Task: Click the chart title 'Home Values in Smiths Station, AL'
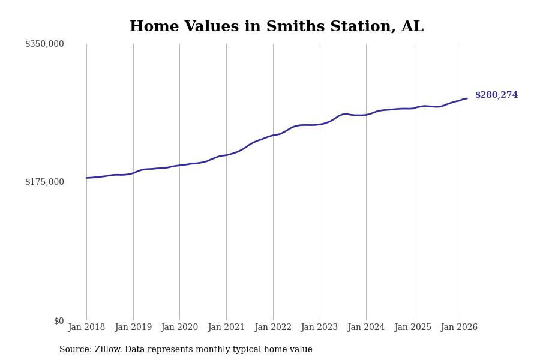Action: pos(277,27)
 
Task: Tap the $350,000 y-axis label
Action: pos(44,44)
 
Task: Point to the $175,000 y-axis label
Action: pos(44,182)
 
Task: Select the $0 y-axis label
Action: pos(59,321)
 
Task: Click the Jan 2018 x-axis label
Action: pos(86,328)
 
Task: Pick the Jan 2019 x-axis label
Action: pos(133,328)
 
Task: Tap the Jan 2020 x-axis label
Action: pos(179,328)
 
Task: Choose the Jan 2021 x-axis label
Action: pos(226,328)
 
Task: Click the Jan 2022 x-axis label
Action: pos(273,328)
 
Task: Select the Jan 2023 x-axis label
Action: pos(320,328)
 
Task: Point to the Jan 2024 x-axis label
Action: pos(366,328)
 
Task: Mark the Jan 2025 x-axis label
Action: pos(413,328)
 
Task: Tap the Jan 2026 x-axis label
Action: pos(459,328)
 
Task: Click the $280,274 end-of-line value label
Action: pos(496,95)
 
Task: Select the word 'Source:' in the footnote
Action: pos(76,350)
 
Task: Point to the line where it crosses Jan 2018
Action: pos(86,178)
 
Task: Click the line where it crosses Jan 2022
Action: pos(273,136)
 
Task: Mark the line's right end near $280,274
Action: pos(467,98)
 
